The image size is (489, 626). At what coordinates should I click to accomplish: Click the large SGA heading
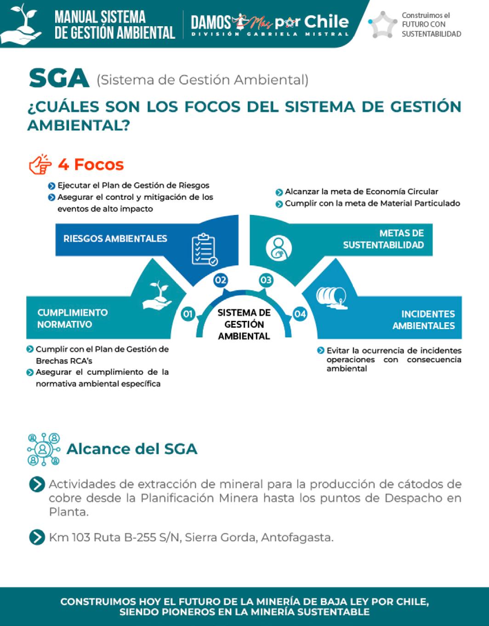point(59,79)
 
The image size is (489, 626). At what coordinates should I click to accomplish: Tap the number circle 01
point(188,314)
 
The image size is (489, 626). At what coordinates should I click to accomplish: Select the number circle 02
point(221,280)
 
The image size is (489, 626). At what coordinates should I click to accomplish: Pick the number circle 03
point(266,280)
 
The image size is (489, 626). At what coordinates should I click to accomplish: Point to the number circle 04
point(300,314)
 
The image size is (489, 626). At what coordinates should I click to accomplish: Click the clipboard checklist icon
point(204,250)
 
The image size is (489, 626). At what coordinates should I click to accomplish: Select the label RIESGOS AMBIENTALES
point(115,238)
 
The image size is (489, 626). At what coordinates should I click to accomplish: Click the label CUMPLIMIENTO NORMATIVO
point(73,318)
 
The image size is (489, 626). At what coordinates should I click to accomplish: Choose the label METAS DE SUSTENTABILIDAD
point(383,239)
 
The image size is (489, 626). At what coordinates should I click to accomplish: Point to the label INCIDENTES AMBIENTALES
point(423,320)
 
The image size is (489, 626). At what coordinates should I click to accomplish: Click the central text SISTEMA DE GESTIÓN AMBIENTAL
point(244,324)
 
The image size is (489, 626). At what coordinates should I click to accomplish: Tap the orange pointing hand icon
point(40,164)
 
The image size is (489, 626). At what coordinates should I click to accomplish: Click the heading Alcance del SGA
point(132,449)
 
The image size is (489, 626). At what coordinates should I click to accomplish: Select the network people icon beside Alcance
point(43,449)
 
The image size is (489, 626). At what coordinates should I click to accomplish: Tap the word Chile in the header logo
point(326,21)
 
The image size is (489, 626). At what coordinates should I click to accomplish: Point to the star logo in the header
point(383,24)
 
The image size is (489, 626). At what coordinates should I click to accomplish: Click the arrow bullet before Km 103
point(37,537)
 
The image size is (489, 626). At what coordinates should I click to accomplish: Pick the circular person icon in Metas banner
point(279,248)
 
